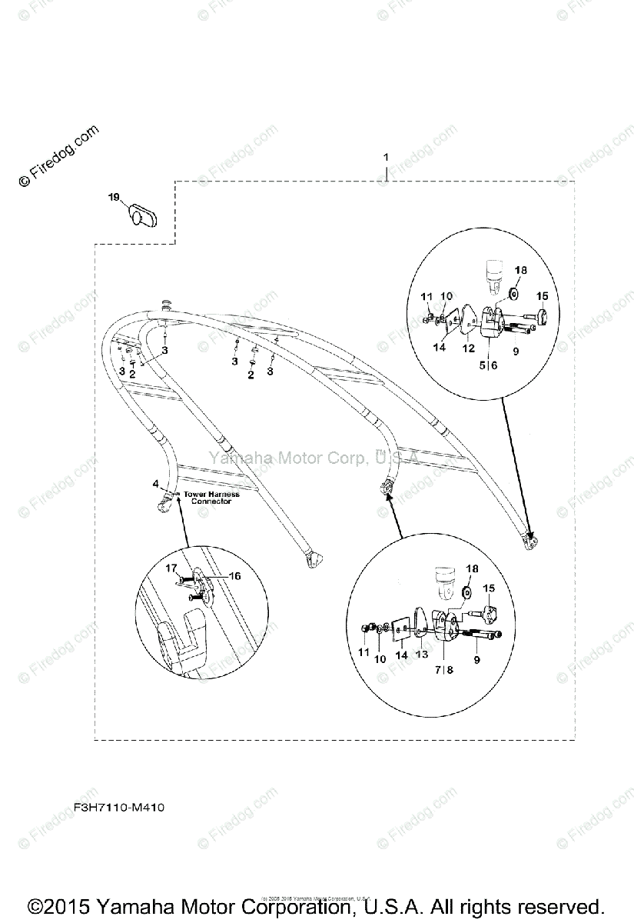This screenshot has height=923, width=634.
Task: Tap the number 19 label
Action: [x=114, y=198]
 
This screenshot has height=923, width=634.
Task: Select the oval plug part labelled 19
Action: [x=142, y=214]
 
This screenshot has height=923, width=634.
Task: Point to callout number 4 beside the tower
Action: [x=155, y=484]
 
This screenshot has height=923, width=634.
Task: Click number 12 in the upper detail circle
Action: [x=469, y=348]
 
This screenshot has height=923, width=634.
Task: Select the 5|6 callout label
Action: [x=488, y=365]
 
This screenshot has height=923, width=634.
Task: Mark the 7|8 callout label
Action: [x=444, y=670]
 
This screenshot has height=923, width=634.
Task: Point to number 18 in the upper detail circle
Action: [x=521, y=271]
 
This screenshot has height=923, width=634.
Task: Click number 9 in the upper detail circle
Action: [x=516, y=351]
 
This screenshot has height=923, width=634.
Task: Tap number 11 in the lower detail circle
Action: [x=364, y=652]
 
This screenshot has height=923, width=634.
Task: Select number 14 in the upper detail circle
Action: [x=440, y=348]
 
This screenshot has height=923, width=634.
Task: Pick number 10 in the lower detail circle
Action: [x=380, y=659]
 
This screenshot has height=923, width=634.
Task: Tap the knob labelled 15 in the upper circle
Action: [x=540, y=317]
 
